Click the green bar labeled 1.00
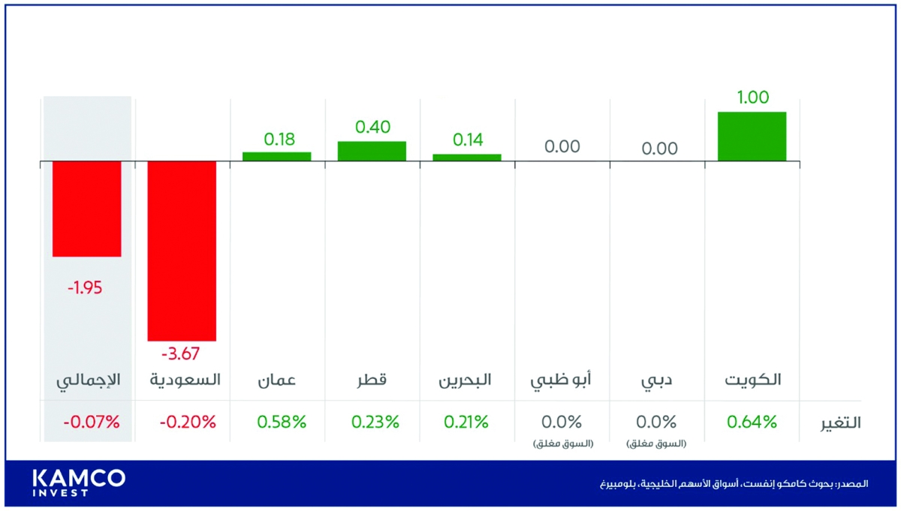point(752,136)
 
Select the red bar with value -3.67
point(182,251)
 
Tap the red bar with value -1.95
point(86,209)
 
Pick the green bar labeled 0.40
point(372,151)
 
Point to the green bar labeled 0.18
point(276,156)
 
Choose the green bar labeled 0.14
point(466,157)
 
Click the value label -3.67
point(181,353)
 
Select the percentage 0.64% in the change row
point(752,422)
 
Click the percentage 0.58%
point(282,422)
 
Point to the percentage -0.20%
point(187,422)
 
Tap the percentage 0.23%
point(375,422)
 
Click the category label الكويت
point(752,380)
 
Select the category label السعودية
point(185,380)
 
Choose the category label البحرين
point(466,380)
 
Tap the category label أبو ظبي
point(561,380)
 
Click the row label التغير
point(839,422)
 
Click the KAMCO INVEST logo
point(79,482)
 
